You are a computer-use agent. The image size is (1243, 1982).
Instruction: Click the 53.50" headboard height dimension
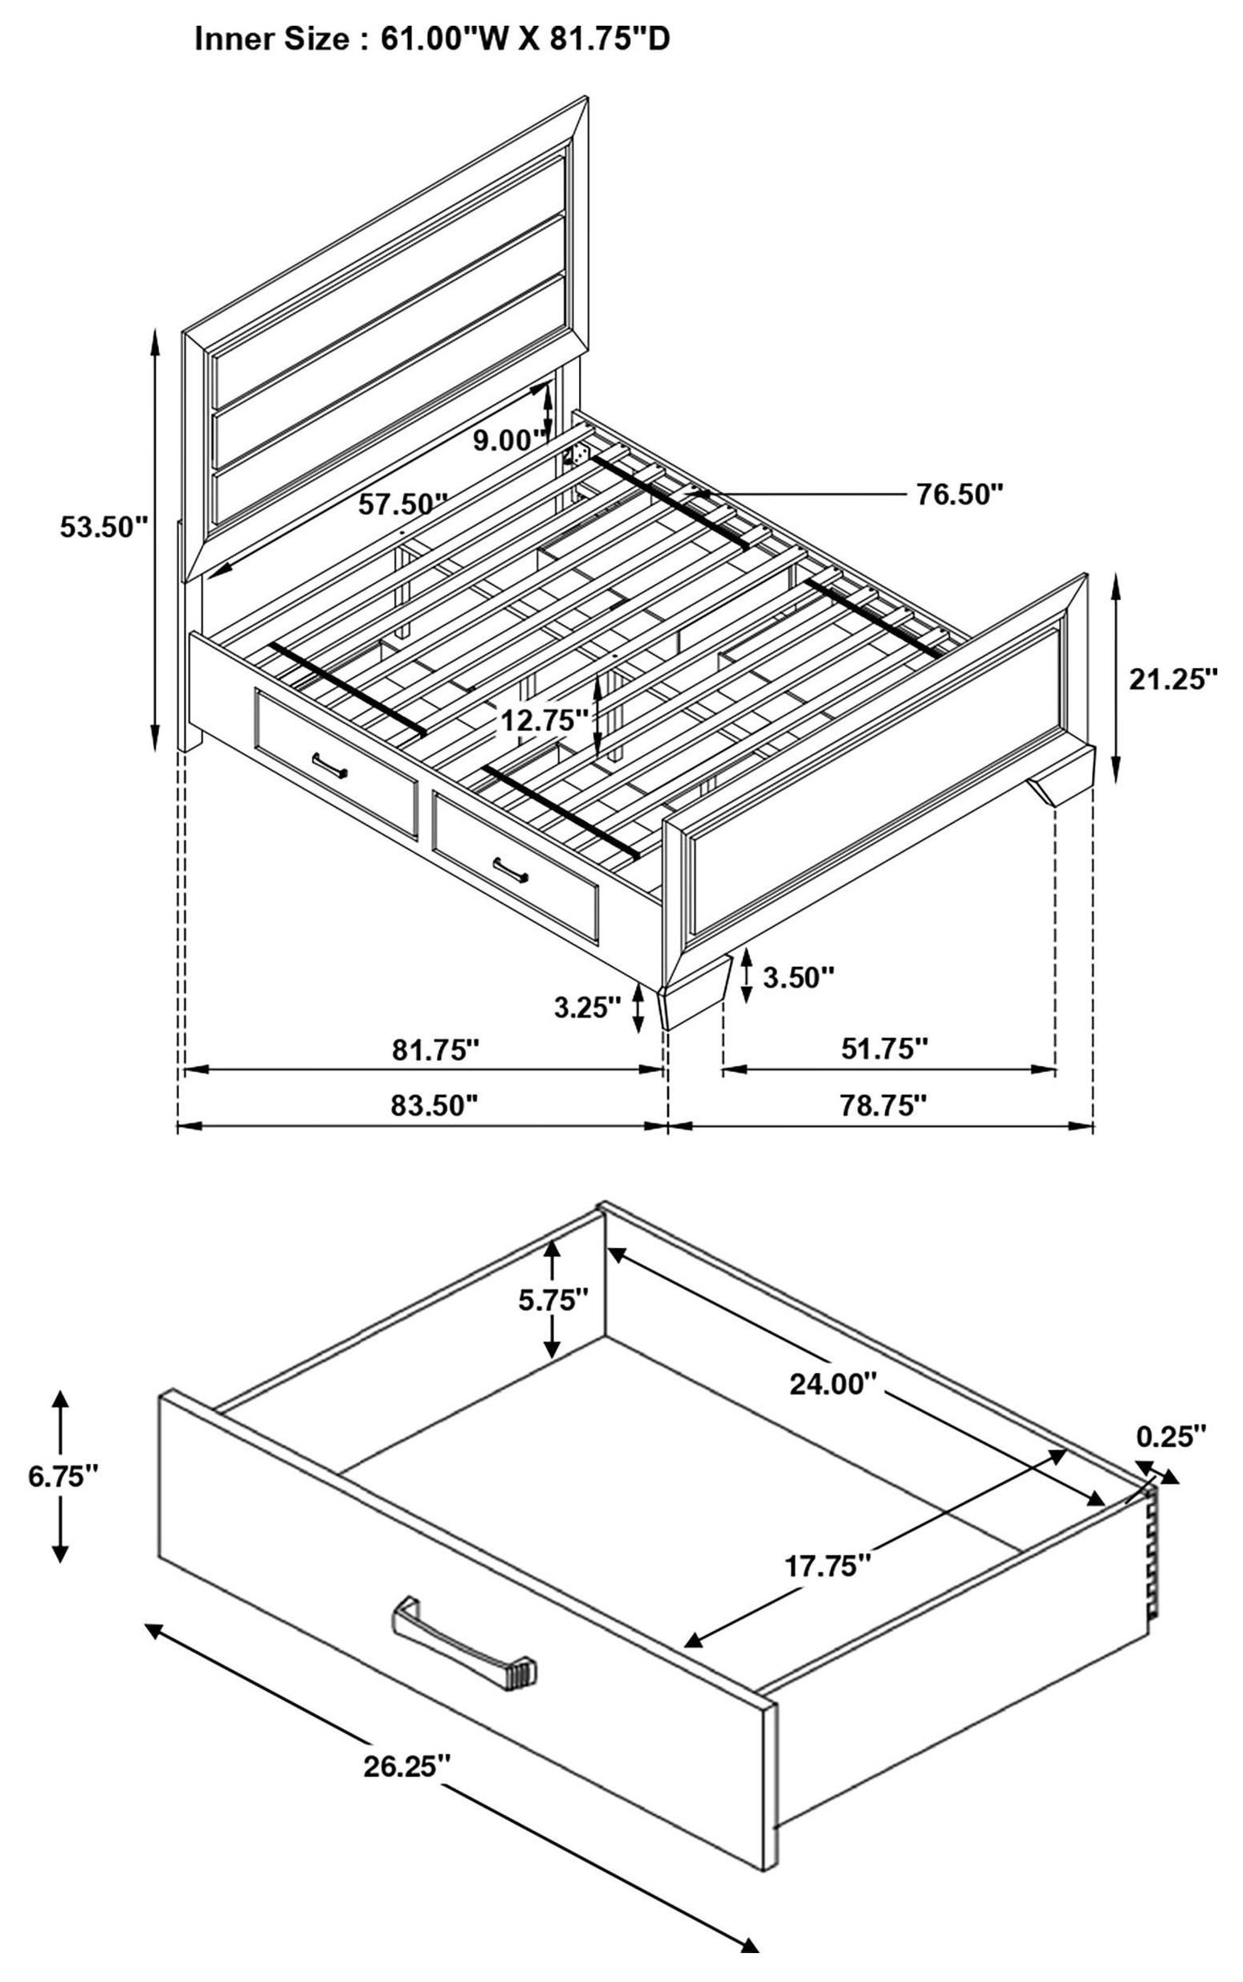103,527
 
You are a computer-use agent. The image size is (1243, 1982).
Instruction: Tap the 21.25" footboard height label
1172,679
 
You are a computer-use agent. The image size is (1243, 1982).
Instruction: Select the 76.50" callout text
960,495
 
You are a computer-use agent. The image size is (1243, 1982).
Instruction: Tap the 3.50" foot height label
798,977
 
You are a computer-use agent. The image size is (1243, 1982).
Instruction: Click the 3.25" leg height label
587,1008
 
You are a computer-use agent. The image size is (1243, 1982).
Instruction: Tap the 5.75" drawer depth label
553,1299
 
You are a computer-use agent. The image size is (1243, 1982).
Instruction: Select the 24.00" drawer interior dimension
829,1385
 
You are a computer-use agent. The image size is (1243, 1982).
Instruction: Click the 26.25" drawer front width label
408,1766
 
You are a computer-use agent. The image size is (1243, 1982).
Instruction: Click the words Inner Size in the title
271,39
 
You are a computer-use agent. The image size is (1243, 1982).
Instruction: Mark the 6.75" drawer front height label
63,1476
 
